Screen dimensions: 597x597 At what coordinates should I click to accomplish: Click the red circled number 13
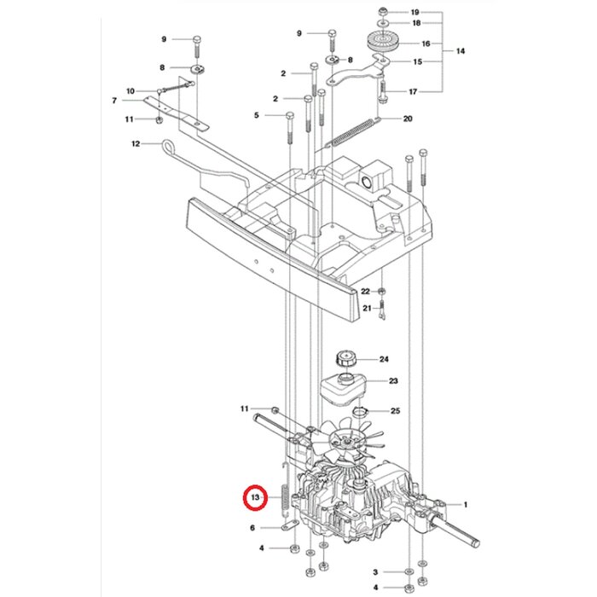(x=254, y=496)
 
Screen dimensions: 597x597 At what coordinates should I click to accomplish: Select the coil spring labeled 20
(x=349, y=133)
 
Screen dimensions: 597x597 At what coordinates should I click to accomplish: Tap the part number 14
(x=461, y=52)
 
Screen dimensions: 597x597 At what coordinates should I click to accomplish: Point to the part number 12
(x=135, y=144)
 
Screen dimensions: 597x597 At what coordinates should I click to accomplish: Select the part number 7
(x=113, y=101)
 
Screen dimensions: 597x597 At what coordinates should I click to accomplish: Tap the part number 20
(x=407, y=119)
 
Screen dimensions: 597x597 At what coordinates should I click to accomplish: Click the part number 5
(x=255, y=115)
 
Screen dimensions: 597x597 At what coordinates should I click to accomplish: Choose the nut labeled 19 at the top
(x=384, y=12)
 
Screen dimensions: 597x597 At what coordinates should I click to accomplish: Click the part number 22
(x=365, y=292)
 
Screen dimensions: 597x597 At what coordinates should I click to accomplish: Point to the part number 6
(x=252, y=528)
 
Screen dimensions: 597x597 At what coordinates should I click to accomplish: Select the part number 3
(x=374, y=571)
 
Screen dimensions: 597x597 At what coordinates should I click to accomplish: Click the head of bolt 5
(x=289, y=115)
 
